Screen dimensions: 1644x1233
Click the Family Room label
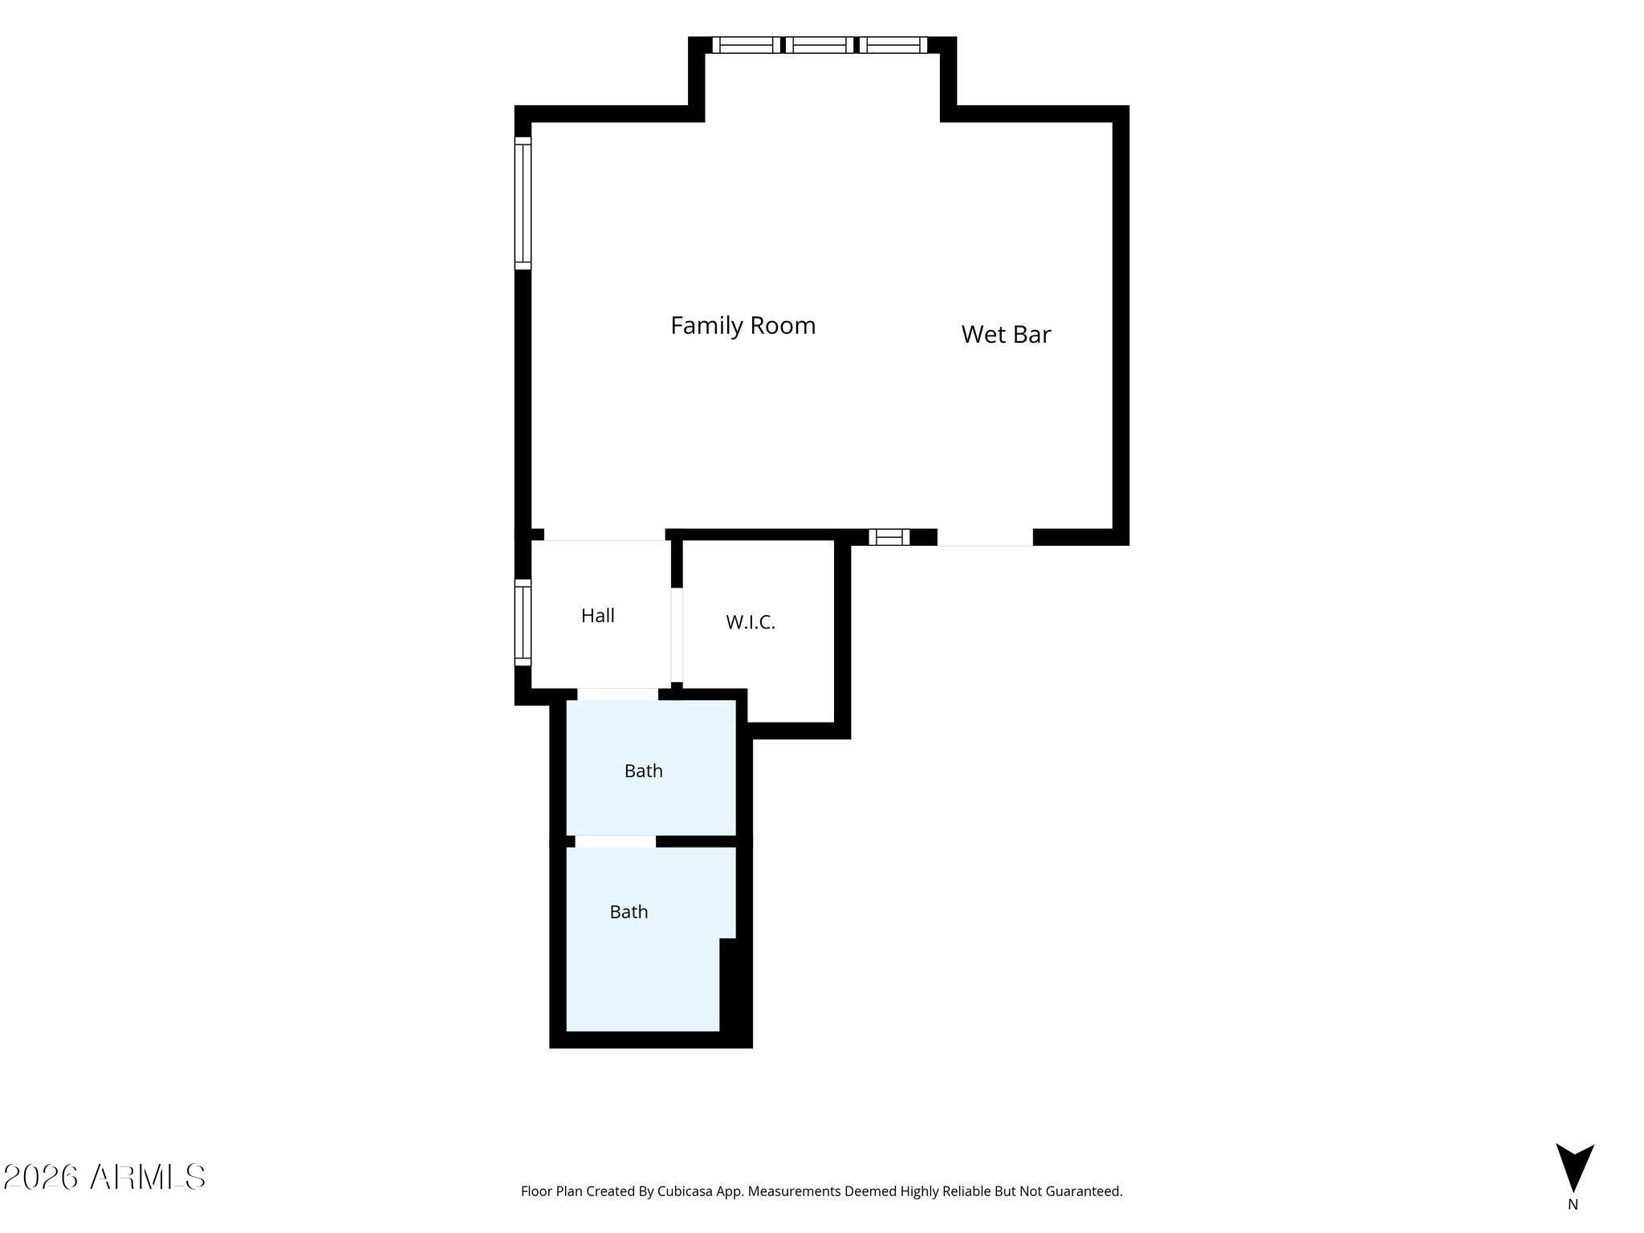[x=743, y=325]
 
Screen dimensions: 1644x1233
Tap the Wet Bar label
[x=1006, y=334]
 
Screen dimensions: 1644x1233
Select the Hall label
[x=598, y=616]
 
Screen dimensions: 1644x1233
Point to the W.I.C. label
[x=751, y=622]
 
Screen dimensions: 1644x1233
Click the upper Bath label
[x=644, y=771]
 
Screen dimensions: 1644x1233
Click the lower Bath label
[x=629, y=912]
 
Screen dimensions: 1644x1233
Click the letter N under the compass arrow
[x=1573, y=1204]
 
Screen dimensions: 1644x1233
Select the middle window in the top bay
[x=819, y=45]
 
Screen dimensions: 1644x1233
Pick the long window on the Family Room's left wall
[x=523, y=203]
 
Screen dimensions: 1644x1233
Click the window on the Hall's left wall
[x=523, y=622]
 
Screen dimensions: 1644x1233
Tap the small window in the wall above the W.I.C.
[x=889, y=537]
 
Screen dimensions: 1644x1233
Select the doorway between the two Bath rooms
[x=616, y=841]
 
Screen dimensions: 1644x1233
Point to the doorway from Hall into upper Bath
[x=618, y=694]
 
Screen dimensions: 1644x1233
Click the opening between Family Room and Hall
[x=604, y=535]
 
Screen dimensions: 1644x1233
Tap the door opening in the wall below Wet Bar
[x=985, y=538]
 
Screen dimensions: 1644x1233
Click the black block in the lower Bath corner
[x=728, y=985]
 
